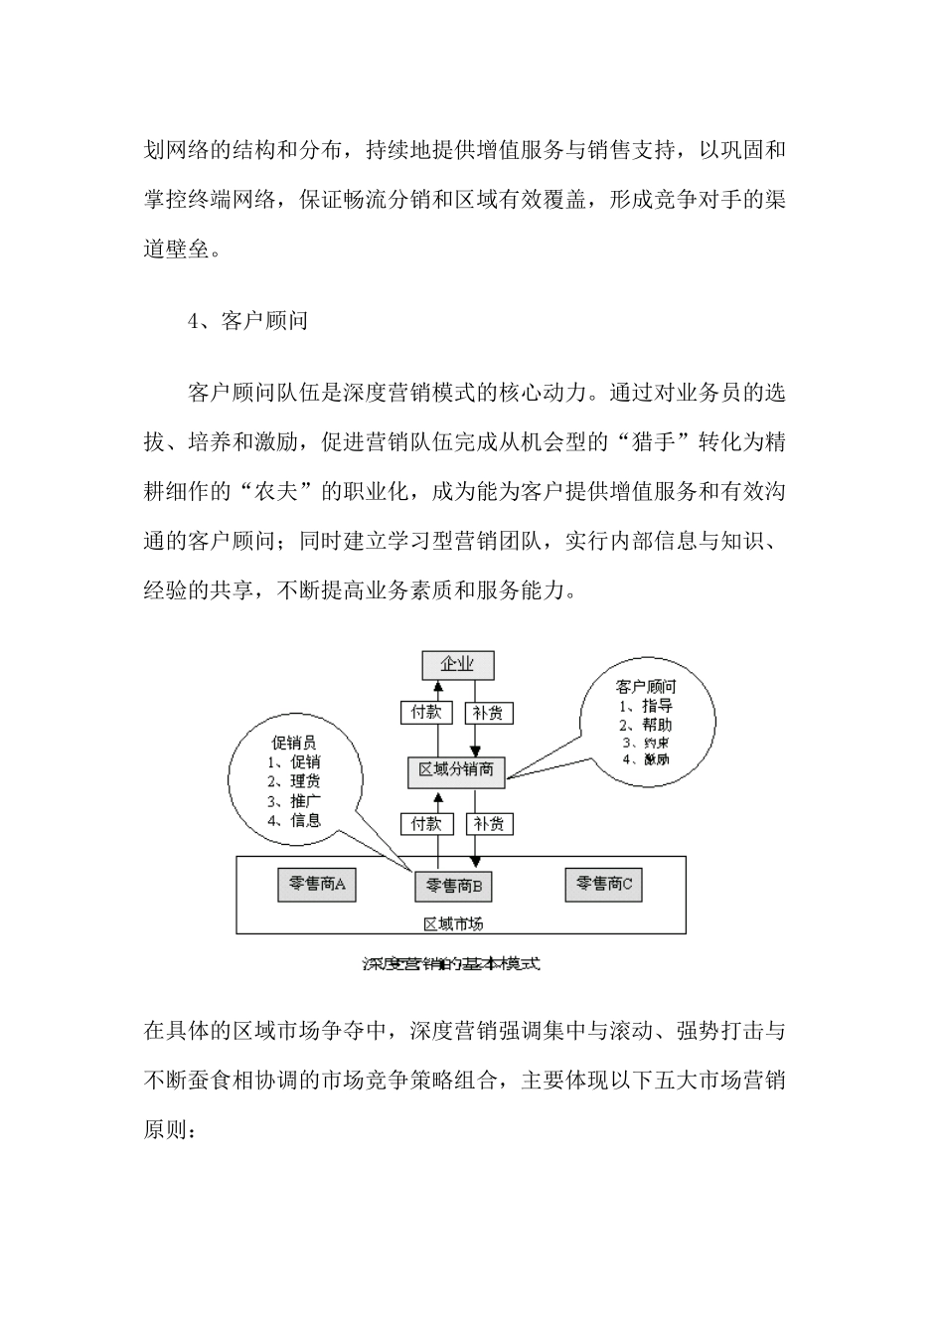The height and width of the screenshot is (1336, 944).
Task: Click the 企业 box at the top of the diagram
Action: click(457, 664)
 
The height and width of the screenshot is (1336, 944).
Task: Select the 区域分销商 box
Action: click(457, 769)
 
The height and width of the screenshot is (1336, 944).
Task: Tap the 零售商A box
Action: click(316, 884)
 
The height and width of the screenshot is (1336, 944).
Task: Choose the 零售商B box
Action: click(454, 885)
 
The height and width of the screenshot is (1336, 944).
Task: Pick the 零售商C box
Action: click(604, 884)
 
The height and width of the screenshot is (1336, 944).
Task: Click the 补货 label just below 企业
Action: click(488, 713)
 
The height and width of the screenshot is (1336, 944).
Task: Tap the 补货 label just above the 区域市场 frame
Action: click(488, 823)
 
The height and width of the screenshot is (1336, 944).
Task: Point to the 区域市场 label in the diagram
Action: click(454, 923)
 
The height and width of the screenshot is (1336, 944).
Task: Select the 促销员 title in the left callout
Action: click(294, 743)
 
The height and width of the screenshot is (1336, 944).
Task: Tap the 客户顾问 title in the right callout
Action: click(646, 686)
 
